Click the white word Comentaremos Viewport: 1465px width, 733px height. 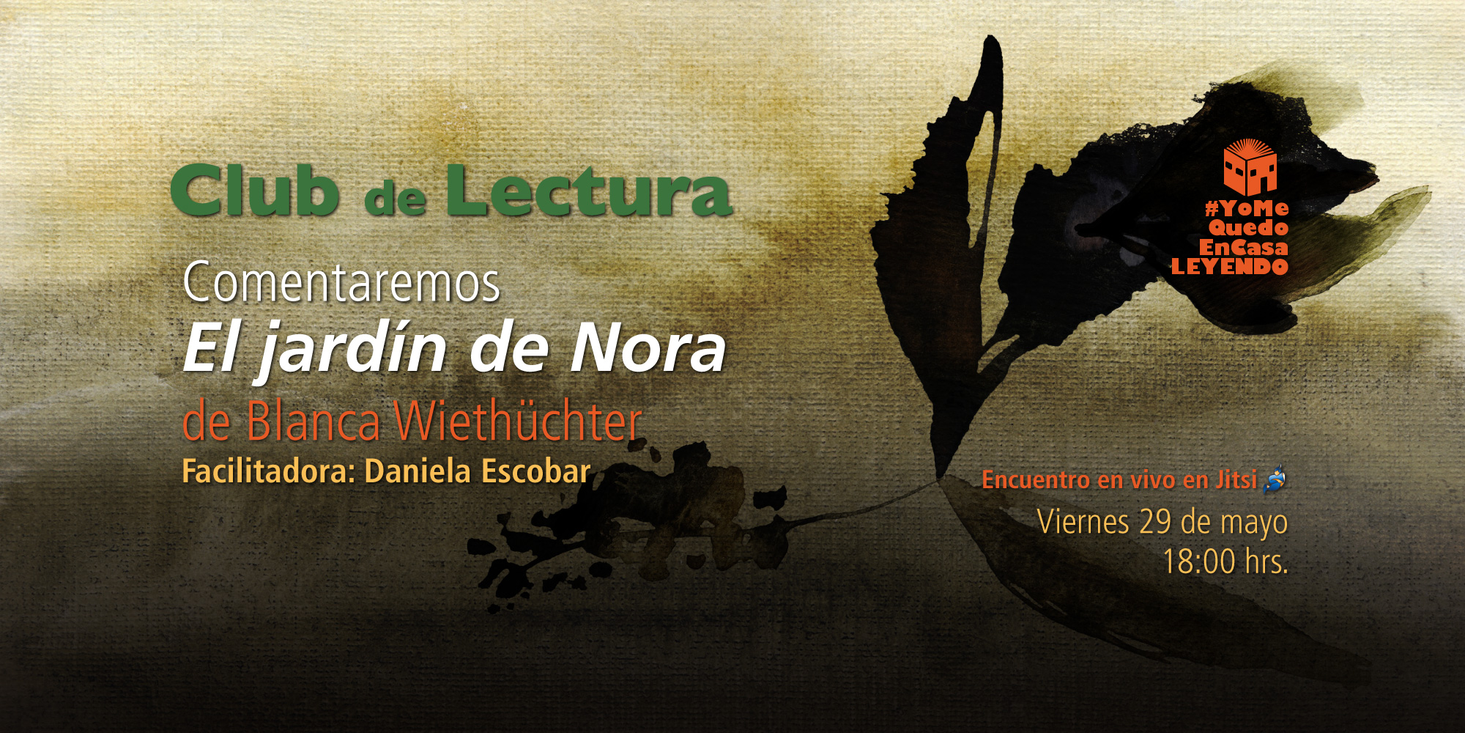[x=341, y=283]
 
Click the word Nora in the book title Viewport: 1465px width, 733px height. [x=648, y=350]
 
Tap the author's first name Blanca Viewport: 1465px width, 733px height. [x=313, y=422]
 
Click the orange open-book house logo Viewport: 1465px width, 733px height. [x=1250, y=167]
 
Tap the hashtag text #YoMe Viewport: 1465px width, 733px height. [x=1247, y=209]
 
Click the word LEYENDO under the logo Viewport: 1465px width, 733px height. [x=1229, y=267]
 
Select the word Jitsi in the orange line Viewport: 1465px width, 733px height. [x=1236, y=479]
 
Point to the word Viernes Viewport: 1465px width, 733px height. [x=1083, y=522]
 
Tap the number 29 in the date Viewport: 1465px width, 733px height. [x=1155, y=522]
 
